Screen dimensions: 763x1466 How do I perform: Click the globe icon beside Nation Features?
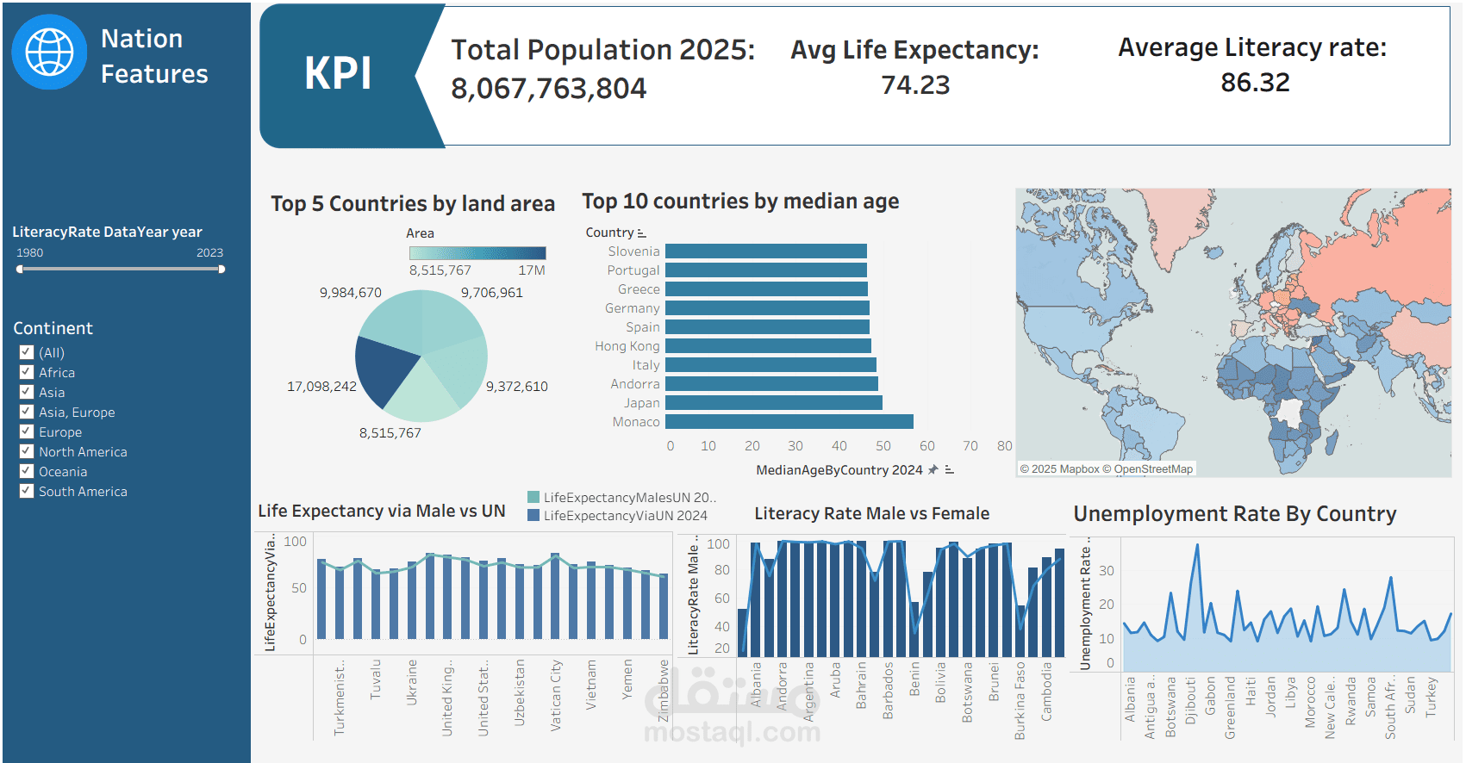pos(49,52)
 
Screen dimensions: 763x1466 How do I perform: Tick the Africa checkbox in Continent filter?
pos(27,372)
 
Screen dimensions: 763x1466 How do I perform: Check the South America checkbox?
pos(27,491)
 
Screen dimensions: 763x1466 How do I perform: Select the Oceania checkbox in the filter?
pos(27,471)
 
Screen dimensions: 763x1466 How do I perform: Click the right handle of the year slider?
pos(221,270)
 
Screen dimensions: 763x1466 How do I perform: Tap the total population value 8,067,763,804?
pos(548,89)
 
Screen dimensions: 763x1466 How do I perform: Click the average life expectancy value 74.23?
pos(914,85)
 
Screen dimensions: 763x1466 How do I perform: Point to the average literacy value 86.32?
pos(1255,83)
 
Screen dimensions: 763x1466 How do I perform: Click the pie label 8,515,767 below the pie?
pos(390,433)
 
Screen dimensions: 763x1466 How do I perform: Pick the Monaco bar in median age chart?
pos(789,422)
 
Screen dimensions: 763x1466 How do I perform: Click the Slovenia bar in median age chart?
pos(765,251)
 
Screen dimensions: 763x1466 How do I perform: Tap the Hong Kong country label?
pos(627,346)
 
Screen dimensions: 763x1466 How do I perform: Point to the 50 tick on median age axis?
pos(883,446)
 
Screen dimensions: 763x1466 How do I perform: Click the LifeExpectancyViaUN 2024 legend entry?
pos(625,516)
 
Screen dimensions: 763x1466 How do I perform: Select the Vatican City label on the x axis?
pos(556,696)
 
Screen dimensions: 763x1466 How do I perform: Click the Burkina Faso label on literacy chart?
pos(1020,700)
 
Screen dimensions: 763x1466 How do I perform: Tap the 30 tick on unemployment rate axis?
pos(1107,570)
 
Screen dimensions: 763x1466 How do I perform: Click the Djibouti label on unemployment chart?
pos(1190,700)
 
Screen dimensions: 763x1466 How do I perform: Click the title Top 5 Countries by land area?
pos(413,204)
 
